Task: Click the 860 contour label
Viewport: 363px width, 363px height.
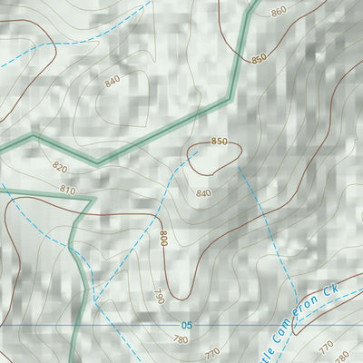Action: tap(279, 10)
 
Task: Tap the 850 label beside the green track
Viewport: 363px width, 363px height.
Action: tap(260, 57)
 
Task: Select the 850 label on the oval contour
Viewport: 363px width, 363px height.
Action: tap(219, 142)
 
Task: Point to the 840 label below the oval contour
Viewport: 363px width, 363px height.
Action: tap(203, 193)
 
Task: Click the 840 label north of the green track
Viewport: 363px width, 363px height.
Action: tap(112, 82)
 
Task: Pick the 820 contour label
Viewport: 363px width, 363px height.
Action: tap(60, 167)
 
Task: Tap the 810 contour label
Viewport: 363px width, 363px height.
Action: tap(67, 190)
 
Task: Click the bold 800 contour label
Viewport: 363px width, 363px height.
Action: tap(163, 239)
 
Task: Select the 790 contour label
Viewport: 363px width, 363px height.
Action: tap(158, 296)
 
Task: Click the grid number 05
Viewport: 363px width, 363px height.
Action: tap(187, 326)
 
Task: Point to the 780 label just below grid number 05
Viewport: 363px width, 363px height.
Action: tap(181, 339)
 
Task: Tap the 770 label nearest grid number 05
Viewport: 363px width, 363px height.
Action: tap(211, 352)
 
